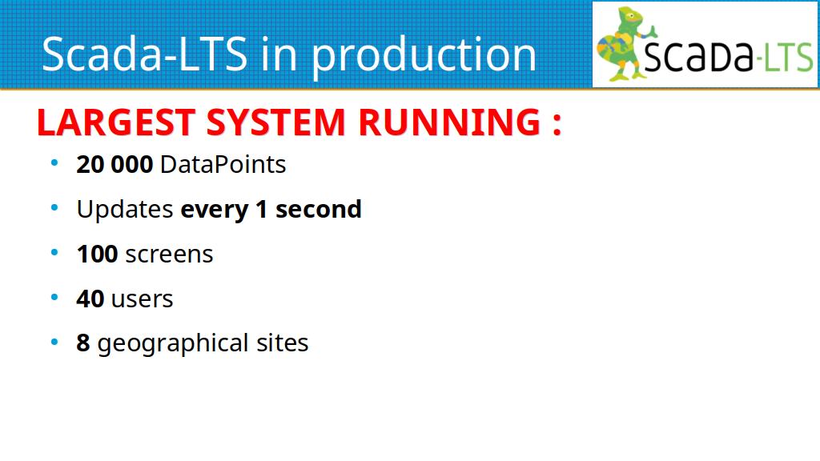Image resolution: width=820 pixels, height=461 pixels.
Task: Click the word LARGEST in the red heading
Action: click(116, 122)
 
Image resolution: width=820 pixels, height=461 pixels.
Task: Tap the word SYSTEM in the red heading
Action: click(276, 122)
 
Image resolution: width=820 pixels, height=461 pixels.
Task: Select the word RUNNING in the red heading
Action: click(449, 122)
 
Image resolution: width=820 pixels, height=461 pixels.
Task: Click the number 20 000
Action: click(115, 165)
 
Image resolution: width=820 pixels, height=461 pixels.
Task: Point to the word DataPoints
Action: click(223, 165)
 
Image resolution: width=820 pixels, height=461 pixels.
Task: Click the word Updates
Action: click(125, 210)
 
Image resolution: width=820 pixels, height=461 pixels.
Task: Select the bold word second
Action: click(319, 210)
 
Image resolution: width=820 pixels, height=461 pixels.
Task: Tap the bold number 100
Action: click(97, 255)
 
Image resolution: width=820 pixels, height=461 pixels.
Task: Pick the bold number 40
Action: click(90, 299)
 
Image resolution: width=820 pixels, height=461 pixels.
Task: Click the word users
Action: click(143, 299)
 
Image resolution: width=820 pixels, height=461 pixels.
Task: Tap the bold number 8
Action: click(83, 343)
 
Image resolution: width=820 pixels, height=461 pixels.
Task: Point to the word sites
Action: click(283, 343)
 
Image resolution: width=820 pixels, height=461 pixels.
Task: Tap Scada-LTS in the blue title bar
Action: click(144, 54)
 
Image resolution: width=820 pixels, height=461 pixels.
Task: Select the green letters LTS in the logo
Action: click(789, 57)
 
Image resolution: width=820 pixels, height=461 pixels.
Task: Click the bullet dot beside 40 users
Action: click(54, 298)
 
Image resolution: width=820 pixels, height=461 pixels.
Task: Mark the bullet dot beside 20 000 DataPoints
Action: click(54, 163)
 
